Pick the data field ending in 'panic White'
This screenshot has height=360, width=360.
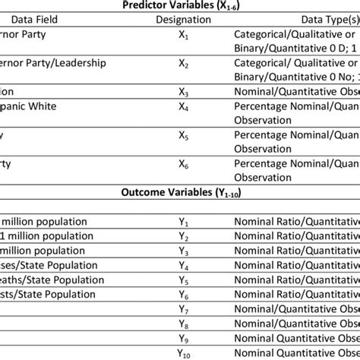coord(35,106)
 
